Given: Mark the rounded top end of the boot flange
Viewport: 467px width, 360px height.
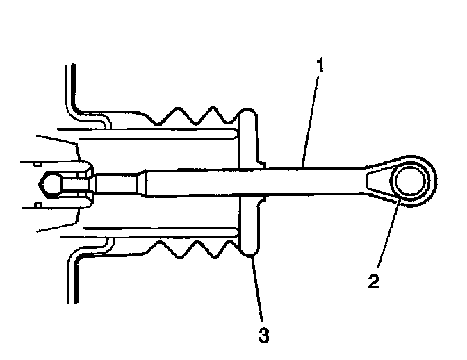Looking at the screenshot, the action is tap(247, 114).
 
